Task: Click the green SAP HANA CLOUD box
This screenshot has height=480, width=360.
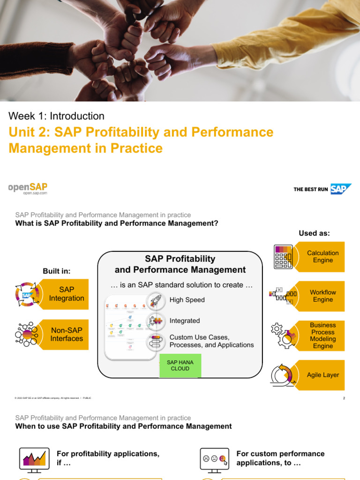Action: coord(180,365)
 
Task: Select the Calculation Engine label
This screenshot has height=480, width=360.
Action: coord(323,256)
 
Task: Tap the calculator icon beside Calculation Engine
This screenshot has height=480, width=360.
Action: coord(283,257)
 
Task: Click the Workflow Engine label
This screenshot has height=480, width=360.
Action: coord(323,296)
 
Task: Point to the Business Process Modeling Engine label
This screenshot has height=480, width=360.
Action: coord(323,336)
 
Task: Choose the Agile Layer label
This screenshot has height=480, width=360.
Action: coord(323,375)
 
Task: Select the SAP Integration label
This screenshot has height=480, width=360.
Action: coord(67,294)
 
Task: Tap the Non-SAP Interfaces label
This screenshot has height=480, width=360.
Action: coord(67,334)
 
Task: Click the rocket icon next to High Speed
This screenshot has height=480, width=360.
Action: coord(156,300)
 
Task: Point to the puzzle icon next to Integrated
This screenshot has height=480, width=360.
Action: coord(156,321)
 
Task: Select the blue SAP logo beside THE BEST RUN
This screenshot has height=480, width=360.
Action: coord(340,189)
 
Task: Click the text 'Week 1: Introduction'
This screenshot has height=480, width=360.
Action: coord(56,116)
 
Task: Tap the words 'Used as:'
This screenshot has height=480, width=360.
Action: coord(314,233)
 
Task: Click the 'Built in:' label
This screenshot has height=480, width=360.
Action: coord(56,271)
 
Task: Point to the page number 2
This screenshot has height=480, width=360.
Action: coord(344,398)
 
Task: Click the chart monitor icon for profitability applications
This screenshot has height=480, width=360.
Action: coord(34,458)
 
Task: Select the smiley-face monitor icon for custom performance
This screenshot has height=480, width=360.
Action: coord(215,458)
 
